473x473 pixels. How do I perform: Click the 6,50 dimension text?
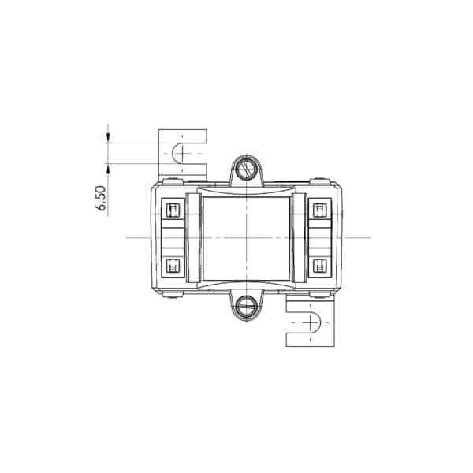(x=101, y=198)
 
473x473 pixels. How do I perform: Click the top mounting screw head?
(x=247, y=169)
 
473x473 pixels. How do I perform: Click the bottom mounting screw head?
(x=247, y=307)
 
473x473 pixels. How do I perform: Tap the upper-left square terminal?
(x=173, y=210)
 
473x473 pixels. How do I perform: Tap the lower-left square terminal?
(x=173, y=266)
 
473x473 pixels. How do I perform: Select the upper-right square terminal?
(x=320, y=210)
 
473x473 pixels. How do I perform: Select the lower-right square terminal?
(x=320, y=266)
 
